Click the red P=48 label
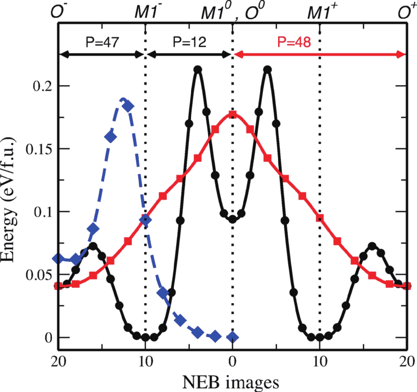point(294,42)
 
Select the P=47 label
point(102,42)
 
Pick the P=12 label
point(190,42)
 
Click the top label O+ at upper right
point(406,12)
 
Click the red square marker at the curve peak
point(232,115)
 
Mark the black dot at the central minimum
point(232,219)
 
